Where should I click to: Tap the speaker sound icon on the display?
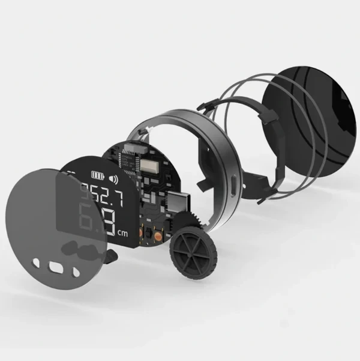[x=113, y=178]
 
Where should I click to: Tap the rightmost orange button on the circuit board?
[x=158, y=237]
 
